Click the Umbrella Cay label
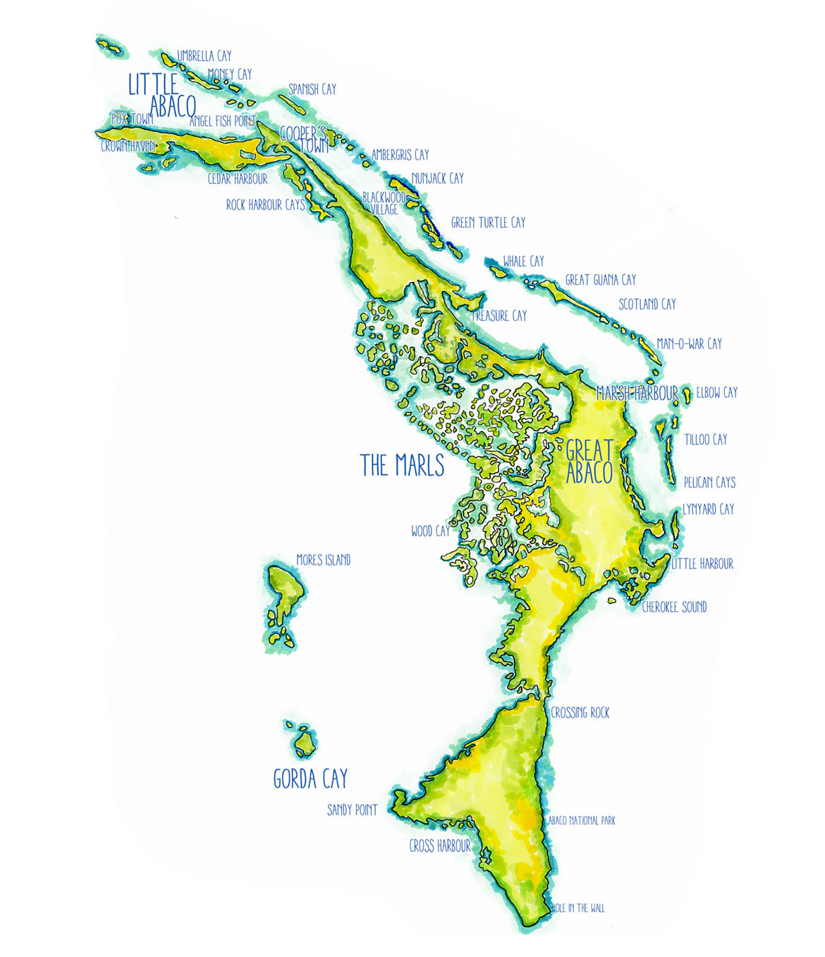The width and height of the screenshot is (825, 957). pos(204,56)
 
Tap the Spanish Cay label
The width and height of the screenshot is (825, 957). pos(312,90)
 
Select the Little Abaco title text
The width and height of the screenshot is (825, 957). pos(162,95)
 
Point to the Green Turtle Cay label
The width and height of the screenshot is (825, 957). pos(488,223)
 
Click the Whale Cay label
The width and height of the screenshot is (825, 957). pos(523,262)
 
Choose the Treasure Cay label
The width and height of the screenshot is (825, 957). pos(500,316)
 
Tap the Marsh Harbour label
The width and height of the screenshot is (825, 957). pos(637,394)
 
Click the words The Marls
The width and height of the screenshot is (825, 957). pos(402,465)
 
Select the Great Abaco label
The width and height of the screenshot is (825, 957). pos(589,461)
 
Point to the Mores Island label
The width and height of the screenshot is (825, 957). pos(323,560)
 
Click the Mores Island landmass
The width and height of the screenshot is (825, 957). pos(286,596)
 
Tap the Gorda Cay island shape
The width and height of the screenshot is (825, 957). pos(305,743)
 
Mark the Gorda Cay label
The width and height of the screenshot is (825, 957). pos(310,779)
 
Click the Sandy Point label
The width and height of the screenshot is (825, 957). pos(352,810)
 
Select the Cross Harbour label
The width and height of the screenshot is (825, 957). pos(439,846)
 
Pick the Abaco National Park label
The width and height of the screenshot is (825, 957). pos(582,821)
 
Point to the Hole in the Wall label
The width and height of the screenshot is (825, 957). pos(577,908)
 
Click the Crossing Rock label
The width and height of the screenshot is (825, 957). pos(580,713)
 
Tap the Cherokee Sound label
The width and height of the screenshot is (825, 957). pos(674,607)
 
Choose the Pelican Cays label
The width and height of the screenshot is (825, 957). pos(709,482)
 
